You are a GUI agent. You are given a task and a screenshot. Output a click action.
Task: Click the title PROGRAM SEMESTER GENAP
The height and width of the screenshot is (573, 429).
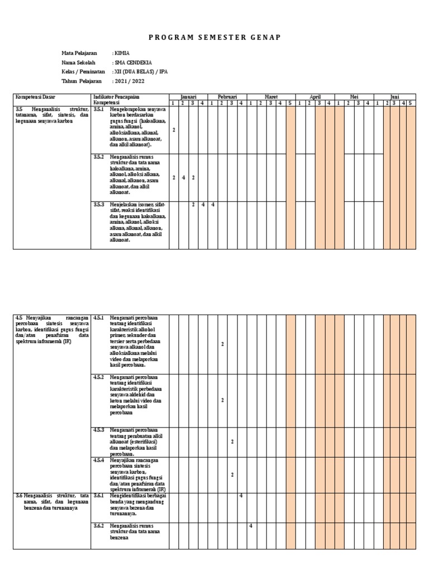click(214, 37)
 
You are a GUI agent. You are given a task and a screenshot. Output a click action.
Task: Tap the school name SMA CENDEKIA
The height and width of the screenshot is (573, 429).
click(132, 63)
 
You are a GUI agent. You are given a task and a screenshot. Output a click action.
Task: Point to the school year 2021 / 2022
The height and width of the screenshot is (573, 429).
click(129, 82)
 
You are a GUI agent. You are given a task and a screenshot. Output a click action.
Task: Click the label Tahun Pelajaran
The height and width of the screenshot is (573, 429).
click(82, 82)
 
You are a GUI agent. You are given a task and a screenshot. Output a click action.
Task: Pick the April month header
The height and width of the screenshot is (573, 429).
click(315, 97)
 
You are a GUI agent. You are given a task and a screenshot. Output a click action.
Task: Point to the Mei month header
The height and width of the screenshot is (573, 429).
click(354, 97)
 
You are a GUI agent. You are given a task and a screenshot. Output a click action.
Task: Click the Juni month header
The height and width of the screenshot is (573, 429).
click(395, 97)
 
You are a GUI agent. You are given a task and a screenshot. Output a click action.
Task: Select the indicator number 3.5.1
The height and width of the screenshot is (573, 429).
click(99, 110)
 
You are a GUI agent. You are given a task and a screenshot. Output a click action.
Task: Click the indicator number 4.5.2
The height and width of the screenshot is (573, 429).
click(99, 378)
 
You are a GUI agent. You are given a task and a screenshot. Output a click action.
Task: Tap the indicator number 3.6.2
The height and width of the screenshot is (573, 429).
click(99, 526)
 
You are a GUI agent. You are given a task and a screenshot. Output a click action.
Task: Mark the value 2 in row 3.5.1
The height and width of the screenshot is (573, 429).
click(174, 130)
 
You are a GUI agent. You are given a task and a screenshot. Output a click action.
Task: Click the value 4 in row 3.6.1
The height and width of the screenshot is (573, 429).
click(241, 496)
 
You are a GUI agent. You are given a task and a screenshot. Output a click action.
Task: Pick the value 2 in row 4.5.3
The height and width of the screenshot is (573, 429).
click(232, 442)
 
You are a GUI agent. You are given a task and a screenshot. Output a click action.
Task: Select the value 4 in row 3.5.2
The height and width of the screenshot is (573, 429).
click(183, 177)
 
